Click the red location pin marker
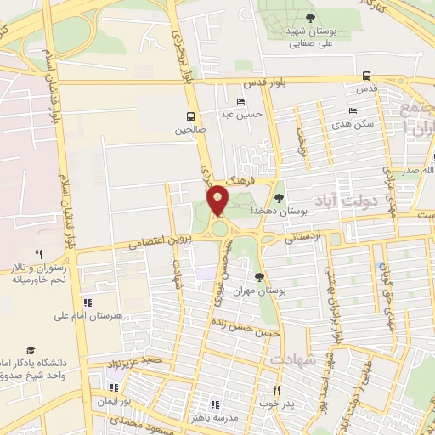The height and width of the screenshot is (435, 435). coord(217,200)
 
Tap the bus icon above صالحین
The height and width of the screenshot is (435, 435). coord(190,117)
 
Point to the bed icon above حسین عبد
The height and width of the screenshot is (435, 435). coord(240,101)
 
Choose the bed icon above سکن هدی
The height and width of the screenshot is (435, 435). coord(353,110)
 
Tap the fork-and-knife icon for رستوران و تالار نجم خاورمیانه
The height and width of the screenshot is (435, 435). coord(37,254)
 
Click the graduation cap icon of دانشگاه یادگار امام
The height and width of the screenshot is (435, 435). coord(31,351)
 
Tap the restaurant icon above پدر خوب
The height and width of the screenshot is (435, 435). coord(275,390)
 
